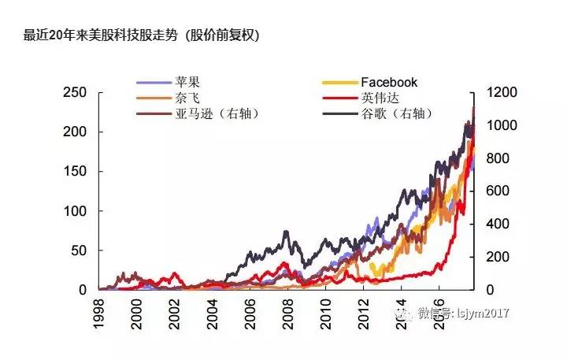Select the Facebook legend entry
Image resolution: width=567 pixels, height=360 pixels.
pyautogui.click(x=389, y=82)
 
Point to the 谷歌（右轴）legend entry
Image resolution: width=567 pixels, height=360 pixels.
pyautogui.click(x=398, y=113)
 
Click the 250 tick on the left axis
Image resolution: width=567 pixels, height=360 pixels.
pyautogui.click(x=75, y=92)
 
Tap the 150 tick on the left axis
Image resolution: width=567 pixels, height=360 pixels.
pyautogui.click(x=75, y=172)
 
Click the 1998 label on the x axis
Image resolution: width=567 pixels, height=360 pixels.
pyautogui.click(x=99, y=310)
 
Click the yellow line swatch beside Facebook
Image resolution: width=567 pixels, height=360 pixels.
pyautogui.click(x=340, y=82)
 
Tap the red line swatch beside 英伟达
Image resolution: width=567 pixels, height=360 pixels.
pyautogui.click(x=340, y=98)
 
